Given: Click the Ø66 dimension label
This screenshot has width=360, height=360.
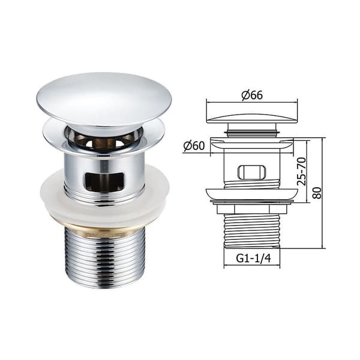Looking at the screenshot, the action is click(x=252, y=95).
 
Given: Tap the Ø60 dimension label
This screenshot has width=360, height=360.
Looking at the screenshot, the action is click(x=194, y=146).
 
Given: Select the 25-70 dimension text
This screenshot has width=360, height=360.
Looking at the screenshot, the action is click(x=301, y=171).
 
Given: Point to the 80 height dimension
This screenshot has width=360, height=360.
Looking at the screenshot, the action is click(x=317, y=193).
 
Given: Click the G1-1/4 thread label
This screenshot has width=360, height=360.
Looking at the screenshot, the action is click(x=253, y=259).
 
